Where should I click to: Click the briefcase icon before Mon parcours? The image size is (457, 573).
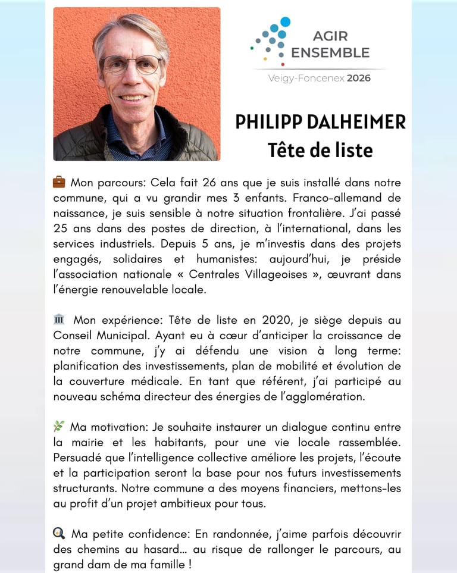[x=59, y=181]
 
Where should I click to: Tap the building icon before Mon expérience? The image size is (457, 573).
[x=58, y=320]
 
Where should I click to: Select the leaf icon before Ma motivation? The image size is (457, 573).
[x=58, y=427]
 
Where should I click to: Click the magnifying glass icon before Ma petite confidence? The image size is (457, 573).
[x=58, y=533]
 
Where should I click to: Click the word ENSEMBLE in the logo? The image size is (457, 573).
[x=330, y=52]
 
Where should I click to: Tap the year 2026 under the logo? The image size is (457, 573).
[x=359, y=78]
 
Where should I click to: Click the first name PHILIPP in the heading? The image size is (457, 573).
[x=267, y=122]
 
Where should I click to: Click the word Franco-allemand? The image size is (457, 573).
[x=339, y=198]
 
